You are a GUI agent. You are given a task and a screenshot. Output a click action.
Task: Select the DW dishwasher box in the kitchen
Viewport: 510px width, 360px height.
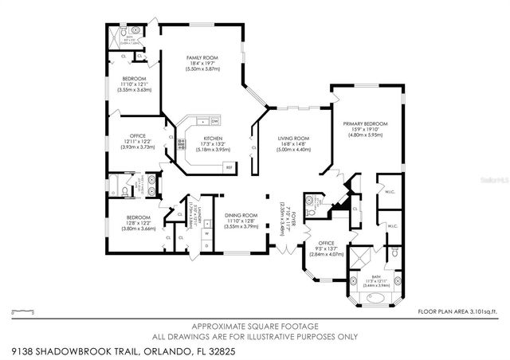pos(215,121)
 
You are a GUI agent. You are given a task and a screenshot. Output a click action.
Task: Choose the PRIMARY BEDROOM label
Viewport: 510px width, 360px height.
pos(365,129)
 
